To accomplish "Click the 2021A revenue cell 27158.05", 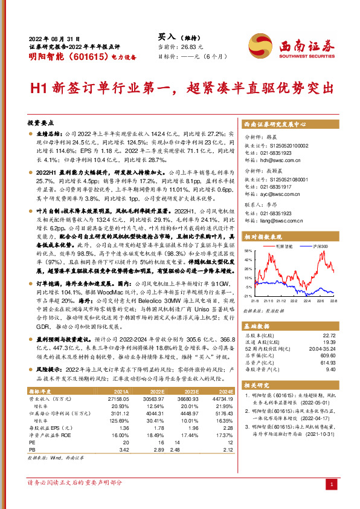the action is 117,400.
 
